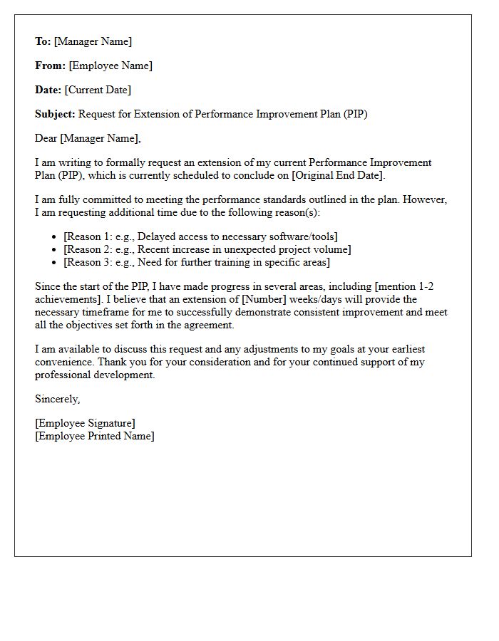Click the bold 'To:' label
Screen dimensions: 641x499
(x=43, y=41)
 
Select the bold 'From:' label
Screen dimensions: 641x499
(x=50, y=66)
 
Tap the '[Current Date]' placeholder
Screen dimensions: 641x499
(x=98, y=90)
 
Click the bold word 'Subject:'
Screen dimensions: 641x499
(x=55, y=114)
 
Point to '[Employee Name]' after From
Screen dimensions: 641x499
(x=110, y=66)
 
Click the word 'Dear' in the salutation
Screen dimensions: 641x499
(x=46, y=138)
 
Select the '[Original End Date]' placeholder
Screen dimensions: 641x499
(x=337, y=175)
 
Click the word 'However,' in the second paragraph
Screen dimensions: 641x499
(x=427, y=199)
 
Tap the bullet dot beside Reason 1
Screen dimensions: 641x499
(x=55, y=236)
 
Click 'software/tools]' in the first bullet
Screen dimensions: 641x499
(x=303, y=236)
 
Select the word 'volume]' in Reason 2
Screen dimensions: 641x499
(x=332, y=249)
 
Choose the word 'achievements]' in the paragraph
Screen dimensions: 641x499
(x=68, y=299)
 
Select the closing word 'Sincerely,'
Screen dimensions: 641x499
(x=57, y=399)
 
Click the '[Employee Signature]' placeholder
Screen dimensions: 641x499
(x=85, y=423)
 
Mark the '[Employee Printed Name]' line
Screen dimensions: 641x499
(x=94, y=436)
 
